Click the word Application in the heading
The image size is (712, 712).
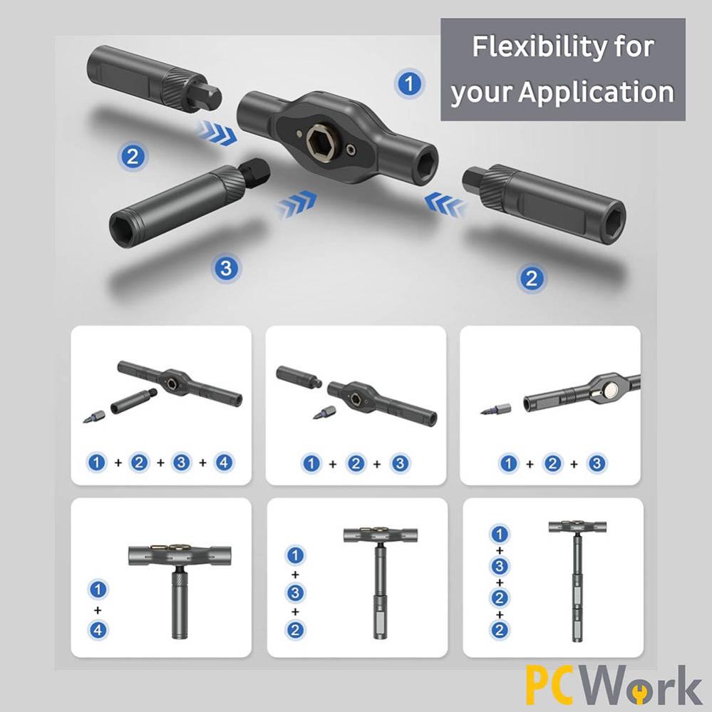[x=597, y=93]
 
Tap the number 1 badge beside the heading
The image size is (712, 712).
[x=409, y=83]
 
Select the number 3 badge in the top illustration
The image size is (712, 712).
[x=226, y=268]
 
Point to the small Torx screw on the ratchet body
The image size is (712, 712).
[x=351, y=149]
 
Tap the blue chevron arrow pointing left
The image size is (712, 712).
[x=443, y=204]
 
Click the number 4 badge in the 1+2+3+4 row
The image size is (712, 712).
[x=224, y=463]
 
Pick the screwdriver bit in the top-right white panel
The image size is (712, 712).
[x=496, y=409]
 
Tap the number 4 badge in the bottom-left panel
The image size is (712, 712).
[x=98, y=630]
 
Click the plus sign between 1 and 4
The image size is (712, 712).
[x=98, y=610]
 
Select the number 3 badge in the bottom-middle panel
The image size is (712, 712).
[x=295, y=592]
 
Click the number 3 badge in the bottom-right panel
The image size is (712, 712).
[x=500, y=566]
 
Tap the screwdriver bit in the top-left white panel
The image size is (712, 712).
[x=95, y=416]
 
